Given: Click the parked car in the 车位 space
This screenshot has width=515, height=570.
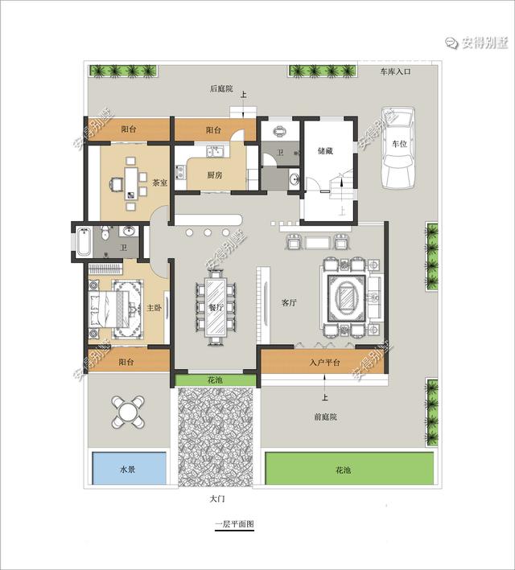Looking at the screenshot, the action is click(398, 148).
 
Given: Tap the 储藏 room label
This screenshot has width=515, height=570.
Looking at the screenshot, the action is click(325, 150).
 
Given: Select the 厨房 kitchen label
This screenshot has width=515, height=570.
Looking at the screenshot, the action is click(214, 174).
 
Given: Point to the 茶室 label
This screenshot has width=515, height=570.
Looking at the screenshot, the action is click(159, 182).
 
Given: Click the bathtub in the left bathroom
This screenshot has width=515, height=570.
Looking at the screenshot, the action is click(84, 241).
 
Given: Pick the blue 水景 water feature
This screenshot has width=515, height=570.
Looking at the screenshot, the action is click(130, 468).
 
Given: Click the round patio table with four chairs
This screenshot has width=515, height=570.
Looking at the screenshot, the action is click(128, 412).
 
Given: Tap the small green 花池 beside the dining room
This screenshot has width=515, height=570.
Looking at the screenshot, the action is click(215, 380).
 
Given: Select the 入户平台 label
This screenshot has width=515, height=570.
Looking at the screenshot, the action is click(324, 362).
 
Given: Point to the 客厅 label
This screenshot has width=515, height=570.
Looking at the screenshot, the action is click(289, 302).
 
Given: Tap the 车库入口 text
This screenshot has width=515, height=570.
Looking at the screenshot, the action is click(395, 72).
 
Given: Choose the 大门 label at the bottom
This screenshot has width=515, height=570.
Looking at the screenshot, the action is click(217, 498).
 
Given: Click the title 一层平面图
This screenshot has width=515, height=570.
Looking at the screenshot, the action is click(234, 524).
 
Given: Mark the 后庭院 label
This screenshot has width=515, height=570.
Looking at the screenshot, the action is click(221, 88).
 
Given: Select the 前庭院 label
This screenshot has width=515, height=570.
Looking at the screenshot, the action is click(325, 416).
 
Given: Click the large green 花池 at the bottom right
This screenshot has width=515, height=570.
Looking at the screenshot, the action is click(349, 468).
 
